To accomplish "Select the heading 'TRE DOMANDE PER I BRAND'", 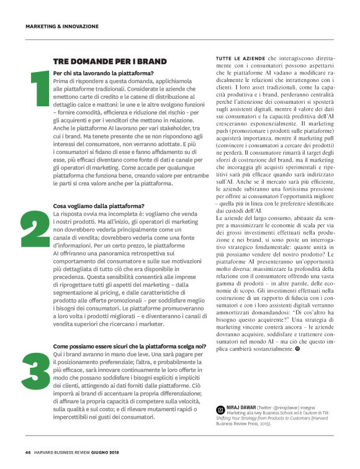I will pos(110,61).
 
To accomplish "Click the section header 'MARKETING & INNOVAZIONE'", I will pos(62,26).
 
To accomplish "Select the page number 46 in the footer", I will pos(29,452).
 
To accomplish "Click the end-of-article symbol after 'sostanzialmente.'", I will pos(298,350).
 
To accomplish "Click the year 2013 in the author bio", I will pos(261,429).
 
